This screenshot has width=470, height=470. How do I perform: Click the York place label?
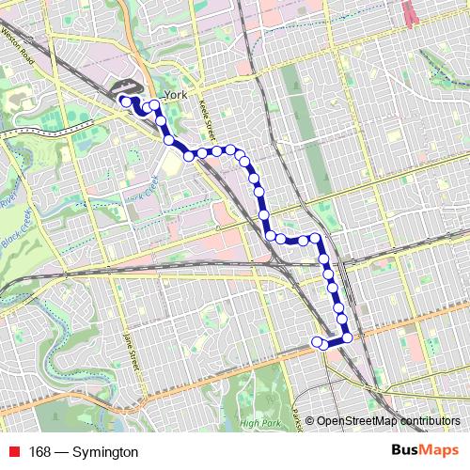tap(174, 96)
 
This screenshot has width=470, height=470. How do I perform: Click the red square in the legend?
tap(11, 452)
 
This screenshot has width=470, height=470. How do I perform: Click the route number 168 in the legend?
tap(40, 452)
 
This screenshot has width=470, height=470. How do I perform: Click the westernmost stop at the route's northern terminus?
tap(124, 101)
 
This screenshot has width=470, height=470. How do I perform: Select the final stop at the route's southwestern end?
tap(317, 340)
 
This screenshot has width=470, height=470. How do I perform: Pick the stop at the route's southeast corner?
tap(348, 337)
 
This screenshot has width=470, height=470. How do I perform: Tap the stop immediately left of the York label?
tap(154, 104)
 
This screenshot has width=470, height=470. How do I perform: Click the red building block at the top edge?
tap(409, 11)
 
